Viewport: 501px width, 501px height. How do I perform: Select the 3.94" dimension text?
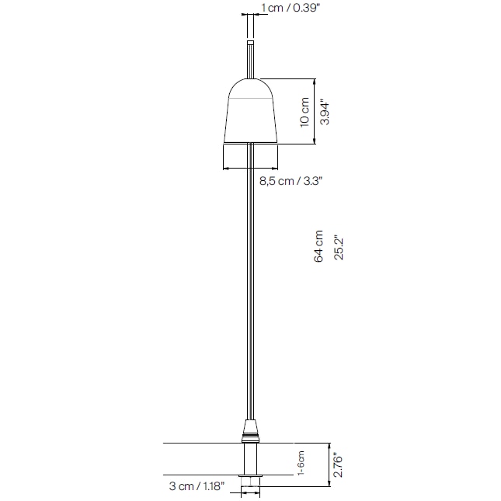pyautogui.click(x=326, y=111)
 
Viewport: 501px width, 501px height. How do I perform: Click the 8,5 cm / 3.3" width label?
pyautogui.click(x=290, y=180)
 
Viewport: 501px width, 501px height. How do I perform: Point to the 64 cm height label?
pyautogui.click(x=318, y=246)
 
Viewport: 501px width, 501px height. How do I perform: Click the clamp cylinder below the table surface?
pyautogui.click(x=250, y=461)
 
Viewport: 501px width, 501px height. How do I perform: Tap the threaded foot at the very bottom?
pyautogui.click(x=250, y=487)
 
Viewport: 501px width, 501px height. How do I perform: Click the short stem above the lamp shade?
pyautogui.click(x=250, y=59)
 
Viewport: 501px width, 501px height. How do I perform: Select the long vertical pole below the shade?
pyautogui.click(x=250, y=287)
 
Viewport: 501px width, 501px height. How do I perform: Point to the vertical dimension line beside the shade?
pyautogui.click(x=314, y=111)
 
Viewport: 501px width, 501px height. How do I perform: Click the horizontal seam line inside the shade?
pyautogui.click(x=250, y=102)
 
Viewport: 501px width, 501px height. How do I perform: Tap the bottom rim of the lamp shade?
pyautogui.click(x=250, y=142)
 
